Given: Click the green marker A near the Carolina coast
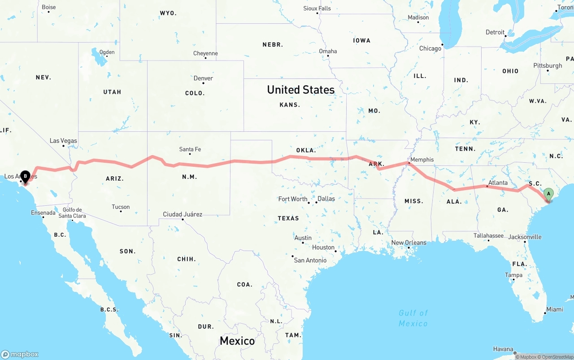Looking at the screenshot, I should coord(548,194).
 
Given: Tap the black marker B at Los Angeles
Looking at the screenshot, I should coord(26,176).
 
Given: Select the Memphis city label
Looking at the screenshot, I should coord(422,160).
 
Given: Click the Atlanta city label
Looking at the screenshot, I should coord(498,182).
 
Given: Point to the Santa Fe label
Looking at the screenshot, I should coord(190,149).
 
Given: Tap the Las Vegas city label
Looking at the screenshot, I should coord(63,141).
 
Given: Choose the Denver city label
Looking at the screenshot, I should coord(203,78).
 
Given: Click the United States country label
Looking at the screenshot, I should coord(300,90).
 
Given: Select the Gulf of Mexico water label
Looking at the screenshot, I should coord(413,318).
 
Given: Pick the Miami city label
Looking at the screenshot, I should coord(555,309).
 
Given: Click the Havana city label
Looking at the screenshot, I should coord(503,349).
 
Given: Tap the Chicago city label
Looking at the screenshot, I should coord(430,48).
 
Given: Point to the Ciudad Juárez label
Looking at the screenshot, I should coord(183,214).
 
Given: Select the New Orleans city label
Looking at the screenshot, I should coord(409,243).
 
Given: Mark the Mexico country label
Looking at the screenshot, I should coord(237,341).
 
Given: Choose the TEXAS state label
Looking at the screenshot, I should coord(288,218).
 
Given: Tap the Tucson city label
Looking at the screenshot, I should coord(121,207).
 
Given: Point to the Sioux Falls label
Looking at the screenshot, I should coord(317,9).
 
